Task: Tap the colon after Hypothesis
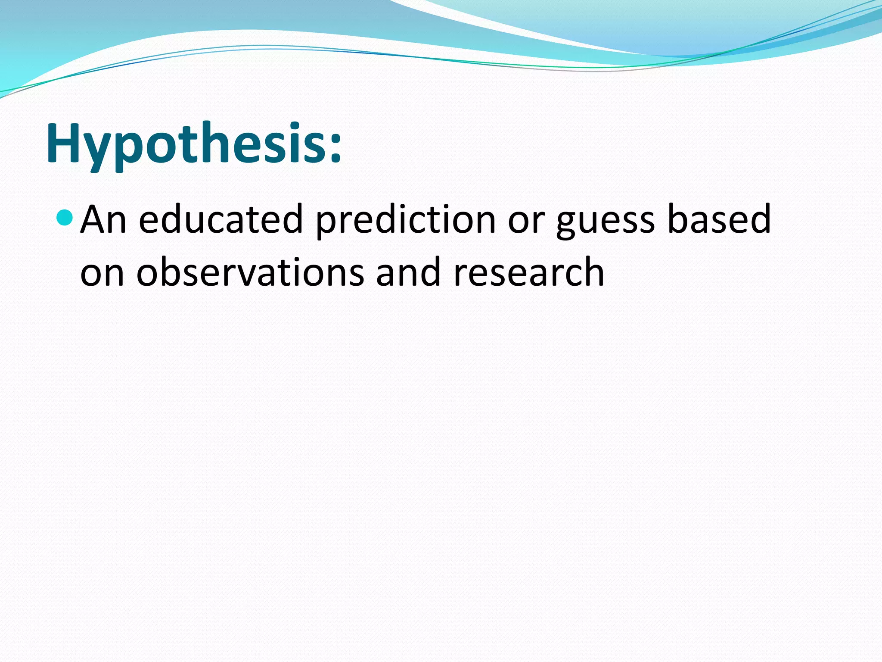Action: [x=335, y=149]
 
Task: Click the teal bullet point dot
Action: [x=65, y=218]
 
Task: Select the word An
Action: [x=103, y=220]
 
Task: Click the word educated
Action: [x=221, y=220]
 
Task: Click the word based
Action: [x=718, y=220]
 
